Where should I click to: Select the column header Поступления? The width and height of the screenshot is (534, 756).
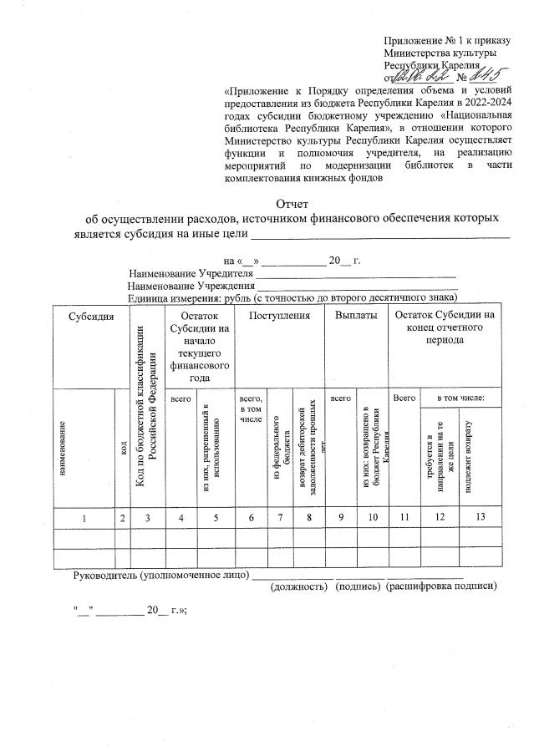(273, 316)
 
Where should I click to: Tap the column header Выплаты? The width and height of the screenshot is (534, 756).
(355, 316)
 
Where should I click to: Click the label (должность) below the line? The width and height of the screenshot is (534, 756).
(298, 586)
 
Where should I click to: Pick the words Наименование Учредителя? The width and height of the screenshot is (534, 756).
(191, 273)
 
